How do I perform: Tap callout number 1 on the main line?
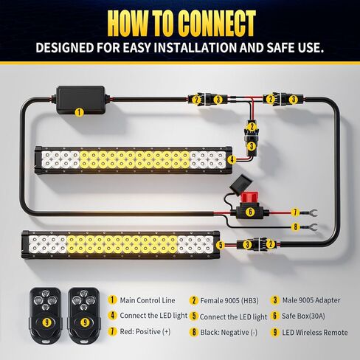78,113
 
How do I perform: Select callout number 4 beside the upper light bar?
231,159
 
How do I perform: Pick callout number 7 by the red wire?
294,212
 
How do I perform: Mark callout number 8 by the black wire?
294,227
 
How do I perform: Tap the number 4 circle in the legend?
112,316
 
